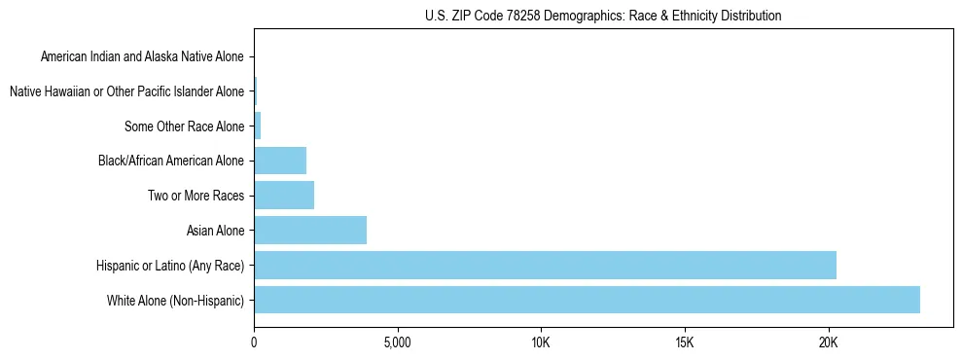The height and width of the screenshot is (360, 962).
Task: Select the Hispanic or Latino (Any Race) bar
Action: (x=545, y=265)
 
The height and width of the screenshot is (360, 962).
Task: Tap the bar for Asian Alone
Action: (x=310, y=231)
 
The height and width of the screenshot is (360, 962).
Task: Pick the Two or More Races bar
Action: (x=284, y=196)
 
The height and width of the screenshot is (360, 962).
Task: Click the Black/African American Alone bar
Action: (x=280, y=161)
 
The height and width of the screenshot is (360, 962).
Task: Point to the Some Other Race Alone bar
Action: (x=258, y=126)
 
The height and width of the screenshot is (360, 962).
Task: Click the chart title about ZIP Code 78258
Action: (x=603, y=16)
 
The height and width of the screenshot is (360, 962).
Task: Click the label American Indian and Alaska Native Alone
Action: (x=142, y=57)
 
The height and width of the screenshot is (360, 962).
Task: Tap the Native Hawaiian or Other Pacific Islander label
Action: (x=126, y=91)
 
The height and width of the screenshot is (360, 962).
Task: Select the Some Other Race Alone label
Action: (x=185, y=126)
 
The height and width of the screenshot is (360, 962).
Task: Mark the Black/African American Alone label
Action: (x=171, y=161)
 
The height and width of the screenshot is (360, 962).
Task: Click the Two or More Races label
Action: (x=196, y=196)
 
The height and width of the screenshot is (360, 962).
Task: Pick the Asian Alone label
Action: (x=215, y=231)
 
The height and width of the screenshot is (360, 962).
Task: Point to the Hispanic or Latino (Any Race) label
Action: (x=170, y=265)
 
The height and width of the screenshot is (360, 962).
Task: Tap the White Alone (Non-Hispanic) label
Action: (x=176, y=300)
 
